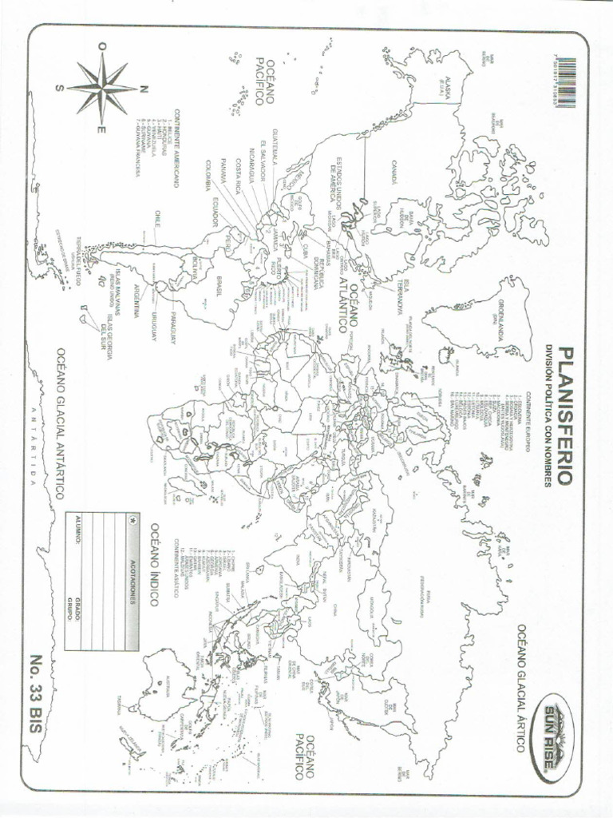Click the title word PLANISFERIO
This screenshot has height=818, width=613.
pos(566,415)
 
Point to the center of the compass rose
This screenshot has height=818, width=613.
pos(101,89)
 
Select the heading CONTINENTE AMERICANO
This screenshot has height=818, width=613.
pos(176,148)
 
